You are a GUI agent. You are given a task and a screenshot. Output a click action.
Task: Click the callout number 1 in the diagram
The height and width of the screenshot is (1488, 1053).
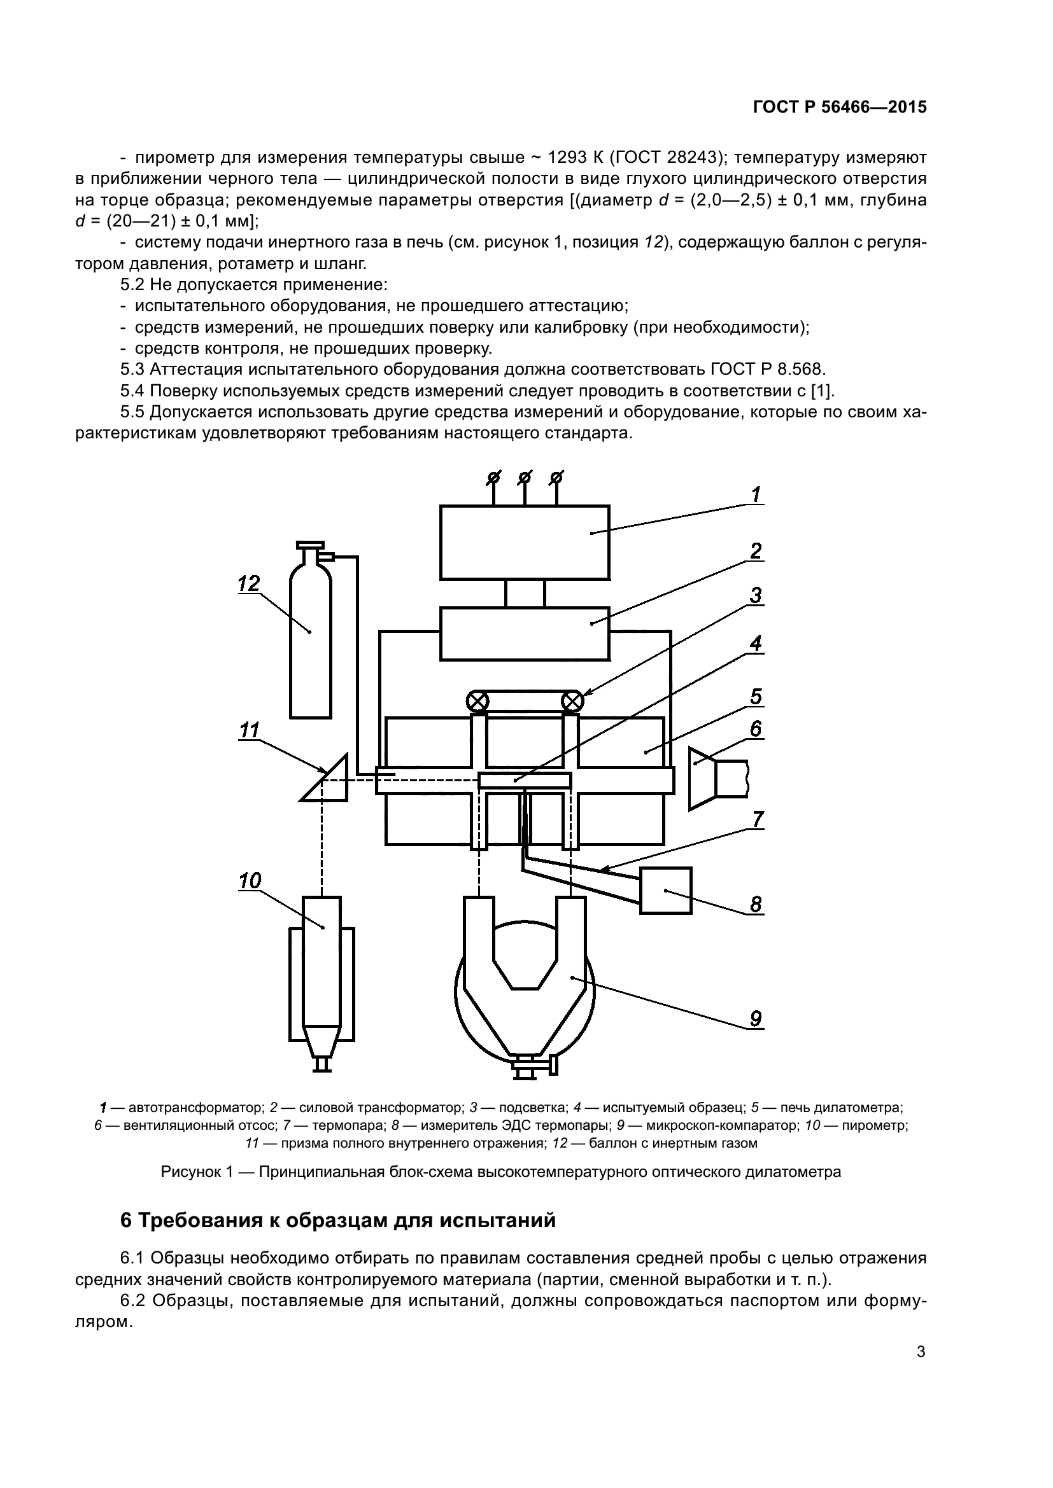pos(756,494)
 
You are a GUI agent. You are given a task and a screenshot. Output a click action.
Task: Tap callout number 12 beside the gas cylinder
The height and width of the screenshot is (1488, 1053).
pos(248,583)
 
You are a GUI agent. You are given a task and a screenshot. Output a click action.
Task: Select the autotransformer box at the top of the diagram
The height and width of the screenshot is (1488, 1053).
pos(524,542)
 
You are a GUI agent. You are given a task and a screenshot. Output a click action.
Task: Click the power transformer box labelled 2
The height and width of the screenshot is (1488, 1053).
pos(524,632)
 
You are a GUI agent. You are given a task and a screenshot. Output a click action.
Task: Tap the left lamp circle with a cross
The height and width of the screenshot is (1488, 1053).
pos(478,701)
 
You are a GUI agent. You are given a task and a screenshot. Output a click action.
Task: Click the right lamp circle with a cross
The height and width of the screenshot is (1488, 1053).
pos(572,701)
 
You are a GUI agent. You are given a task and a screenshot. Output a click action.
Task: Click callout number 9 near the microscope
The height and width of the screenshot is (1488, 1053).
pos(756,1019)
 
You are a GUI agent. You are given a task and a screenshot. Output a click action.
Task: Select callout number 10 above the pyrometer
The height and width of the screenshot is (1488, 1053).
pos(250,880)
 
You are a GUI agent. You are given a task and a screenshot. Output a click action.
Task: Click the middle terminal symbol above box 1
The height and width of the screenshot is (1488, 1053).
pos(525,478)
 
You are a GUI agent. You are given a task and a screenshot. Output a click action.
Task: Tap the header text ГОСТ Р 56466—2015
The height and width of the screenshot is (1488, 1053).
pos(840,108)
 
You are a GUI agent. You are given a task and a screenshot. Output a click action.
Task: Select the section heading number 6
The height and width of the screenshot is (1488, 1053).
pos(126,1220)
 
